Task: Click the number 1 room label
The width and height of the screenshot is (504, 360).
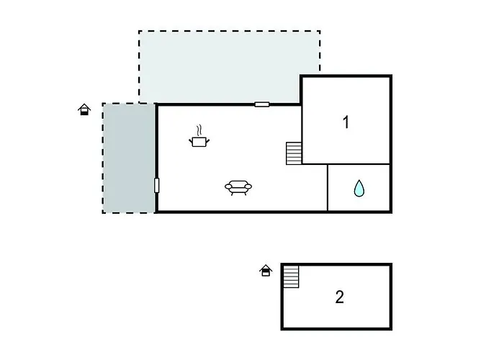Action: click(346, 122)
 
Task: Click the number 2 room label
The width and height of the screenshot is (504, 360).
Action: click(339, 297)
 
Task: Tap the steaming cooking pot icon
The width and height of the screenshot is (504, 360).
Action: click(199, 136)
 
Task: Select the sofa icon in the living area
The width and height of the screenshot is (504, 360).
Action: click(238, 188)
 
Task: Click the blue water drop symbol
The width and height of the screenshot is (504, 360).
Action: click(359, 188)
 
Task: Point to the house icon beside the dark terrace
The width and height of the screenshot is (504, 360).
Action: click(84, 109)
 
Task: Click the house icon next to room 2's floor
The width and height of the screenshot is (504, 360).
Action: click(266, 270)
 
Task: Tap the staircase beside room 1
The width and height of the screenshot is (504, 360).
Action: click(294, 153)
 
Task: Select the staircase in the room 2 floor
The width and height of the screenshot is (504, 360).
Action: click(291, 276)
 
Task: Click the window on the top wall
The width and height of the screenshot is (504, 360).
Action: click(262, 104)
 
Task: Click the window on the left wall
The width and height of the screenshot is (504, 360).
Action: click(156, 186)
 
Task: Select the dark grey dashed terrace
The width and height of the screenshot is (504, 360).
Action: click(129, 158)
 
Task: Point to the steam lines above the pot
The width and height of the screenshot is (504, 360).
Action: click(199, 130)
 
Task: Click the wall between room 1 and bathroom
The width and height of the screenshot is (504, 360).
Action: click(346, 164)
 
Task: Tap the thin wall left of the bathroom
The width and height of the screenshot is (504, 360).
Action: click(327, 188)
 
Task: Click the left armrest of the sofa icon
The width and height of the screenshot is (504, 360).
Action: click(228, 186)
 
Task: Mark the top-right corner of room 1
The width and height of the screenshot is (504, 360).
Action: click(391, 76)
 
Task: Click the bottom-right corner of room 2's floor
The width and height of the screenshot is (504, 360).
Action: click(391, 329)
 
